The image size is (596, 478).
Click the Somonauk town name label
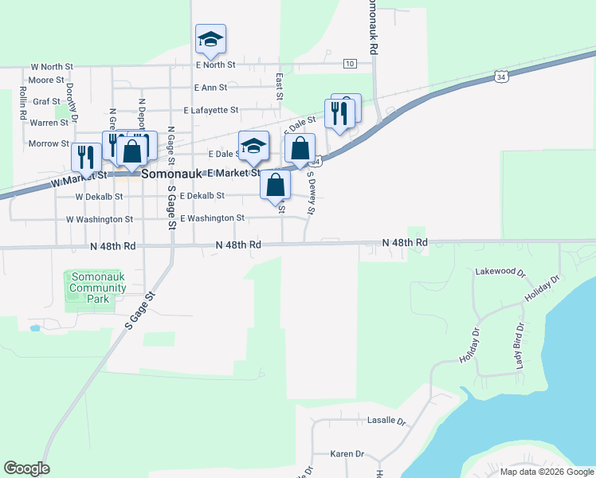173,172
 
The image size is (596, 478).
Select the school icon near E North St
210,40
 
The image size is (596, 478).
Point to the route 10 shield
350,63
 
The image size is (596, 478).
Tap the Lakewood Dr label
500,272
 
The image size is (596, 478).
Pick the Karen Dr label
347,454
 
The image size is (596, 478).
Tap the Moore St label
45,80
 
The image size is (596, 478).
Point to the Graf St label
47,102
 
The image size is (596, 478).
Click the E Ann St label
210,88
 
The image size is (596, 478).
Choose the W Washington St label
99,219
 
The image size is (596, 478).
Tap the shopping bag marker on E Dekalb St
275,185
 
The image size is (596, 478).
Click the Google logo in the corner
26,468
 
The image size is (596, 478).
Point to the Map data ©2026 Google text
546,472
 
